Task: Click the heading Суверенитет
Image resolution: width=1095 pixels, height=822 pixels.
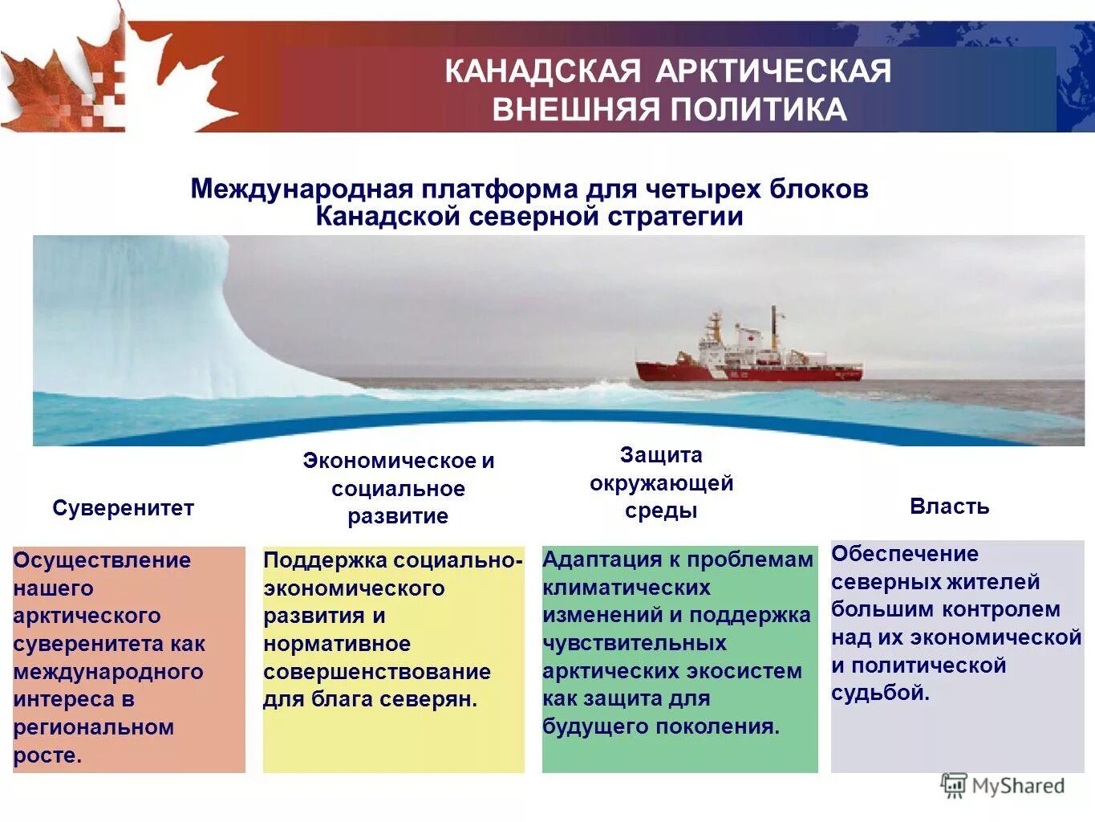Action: click(124, 508)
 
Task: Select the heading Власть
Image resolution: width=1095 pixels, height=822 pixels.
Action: click(949, 507)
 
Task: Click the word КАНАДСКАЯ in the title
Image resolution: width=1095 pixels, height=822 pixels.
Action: click(542, 71)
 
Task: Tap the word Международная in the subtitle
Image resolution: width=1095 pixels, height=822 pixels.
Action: click(302, 189)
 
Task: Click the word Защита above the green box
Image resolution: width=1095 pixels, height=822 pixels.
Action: click(661, 455)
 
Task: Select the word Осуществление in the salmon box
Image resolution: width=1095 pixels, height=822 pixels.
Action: click(102, 560)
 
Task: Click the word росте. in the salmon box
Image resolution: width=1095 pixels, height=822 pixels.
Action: click(47, 755)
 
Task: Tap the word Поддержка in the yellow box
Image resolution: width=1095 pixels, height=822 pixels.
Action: click(325, 560)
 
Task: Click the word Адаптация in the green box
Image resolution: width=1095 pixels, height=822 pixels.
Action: click(597, 560)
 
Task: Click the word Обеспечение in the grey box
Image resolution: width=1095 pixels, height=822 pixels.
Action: click(905, 554)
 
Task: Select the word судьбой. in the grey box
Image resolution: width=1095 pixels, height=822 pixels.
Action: click(880, 693)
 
